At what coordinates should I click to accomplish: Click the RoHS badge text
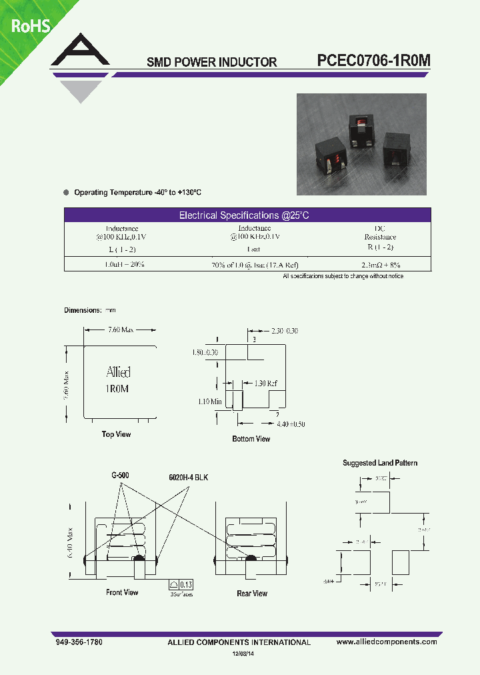pos(30,26)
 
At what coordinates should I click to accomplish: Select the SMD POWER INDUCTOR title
pos(211,62)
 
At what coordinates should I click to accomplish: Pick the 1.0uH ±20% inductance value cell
pos(125,265)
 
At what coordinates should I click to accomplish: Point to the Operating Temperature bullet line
pos(137,192)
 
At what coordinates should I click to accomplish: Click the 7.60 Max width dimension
pos(121,329)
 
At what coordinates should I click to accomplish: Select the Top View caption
pos(116,434)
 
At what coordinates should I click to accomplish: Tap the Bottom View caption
pos(251,439)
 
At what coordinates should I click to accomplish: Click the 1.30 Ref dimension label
pos(263,384)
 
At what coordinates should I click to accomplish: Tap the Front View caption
pos(122,592)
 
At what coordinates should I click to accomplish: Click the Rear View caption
pos(252,593)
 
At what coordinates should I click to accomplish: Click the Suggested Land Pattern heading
pos(380,463)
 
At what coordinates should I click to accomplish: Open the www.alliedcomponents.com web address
pos(387,642)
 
